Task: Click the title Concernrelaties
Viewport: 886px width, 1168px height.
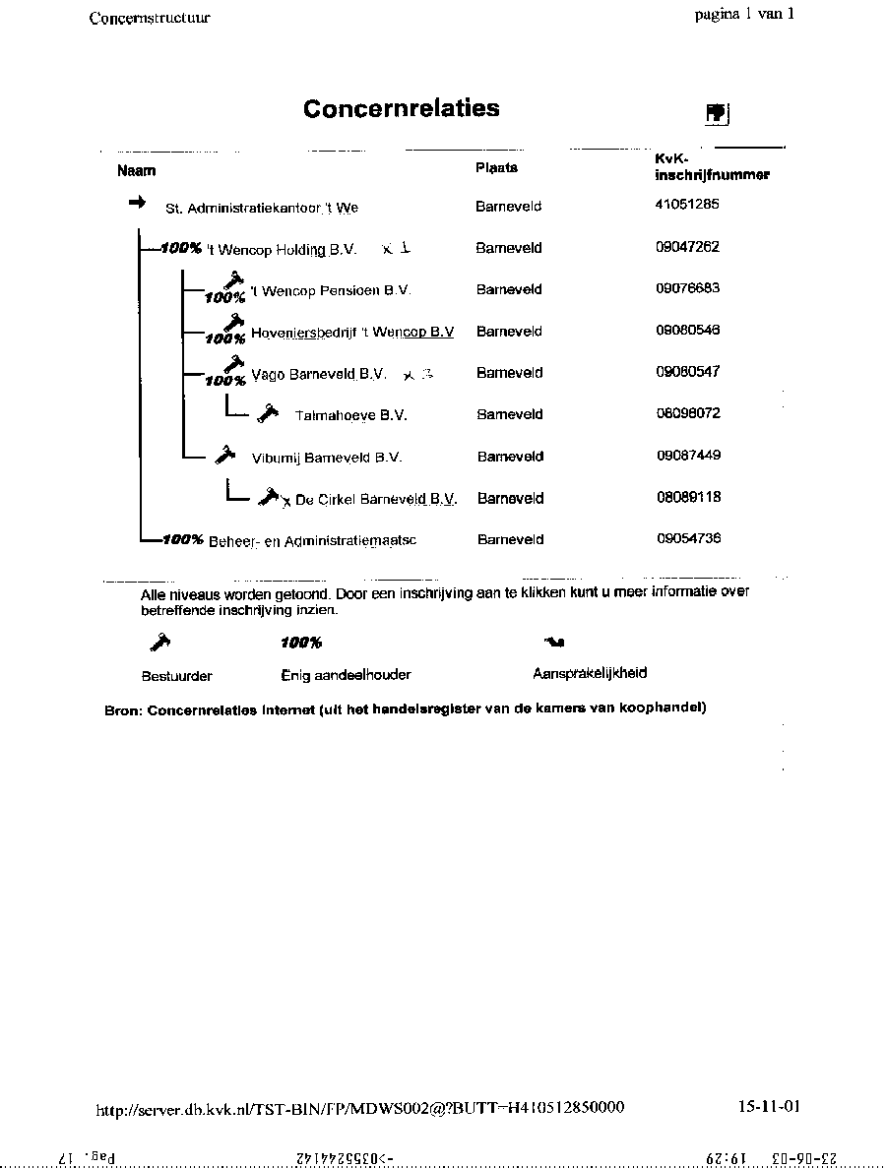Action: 401,108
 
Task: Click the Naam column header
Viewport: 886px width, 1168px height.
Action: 137,171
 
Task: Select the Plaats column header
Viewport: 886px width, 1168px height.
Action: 496,168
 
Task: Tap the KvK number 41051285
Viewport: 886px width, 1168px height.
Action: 687,205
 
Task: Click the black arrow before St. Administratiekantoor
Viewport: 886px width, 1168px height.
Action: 137,202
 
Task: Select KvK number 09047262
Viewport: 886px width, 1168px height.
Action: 687,247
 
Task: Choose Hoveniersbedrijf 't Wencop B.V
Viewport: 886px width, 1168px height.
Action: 352,333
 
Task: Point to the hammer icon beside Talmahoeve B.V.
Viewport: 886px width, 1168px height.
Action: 267,414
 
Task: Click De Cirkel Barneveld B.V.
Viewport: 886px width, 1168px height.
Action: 376,500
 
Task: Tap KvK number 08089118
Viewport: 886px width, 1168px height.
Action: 688,497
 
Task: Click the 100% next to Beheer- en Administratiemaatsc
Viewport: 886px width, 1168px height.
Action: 183,539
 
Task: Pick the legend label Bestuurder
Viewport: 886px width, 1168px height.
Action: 177,676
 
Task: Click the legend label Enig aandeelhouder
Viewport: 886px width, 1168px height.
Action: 346,675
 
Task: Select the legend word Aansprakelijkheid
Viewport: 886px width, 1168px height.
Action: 590,674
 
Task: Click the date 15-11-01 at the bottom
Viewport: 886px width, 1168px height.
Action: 769,1106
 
